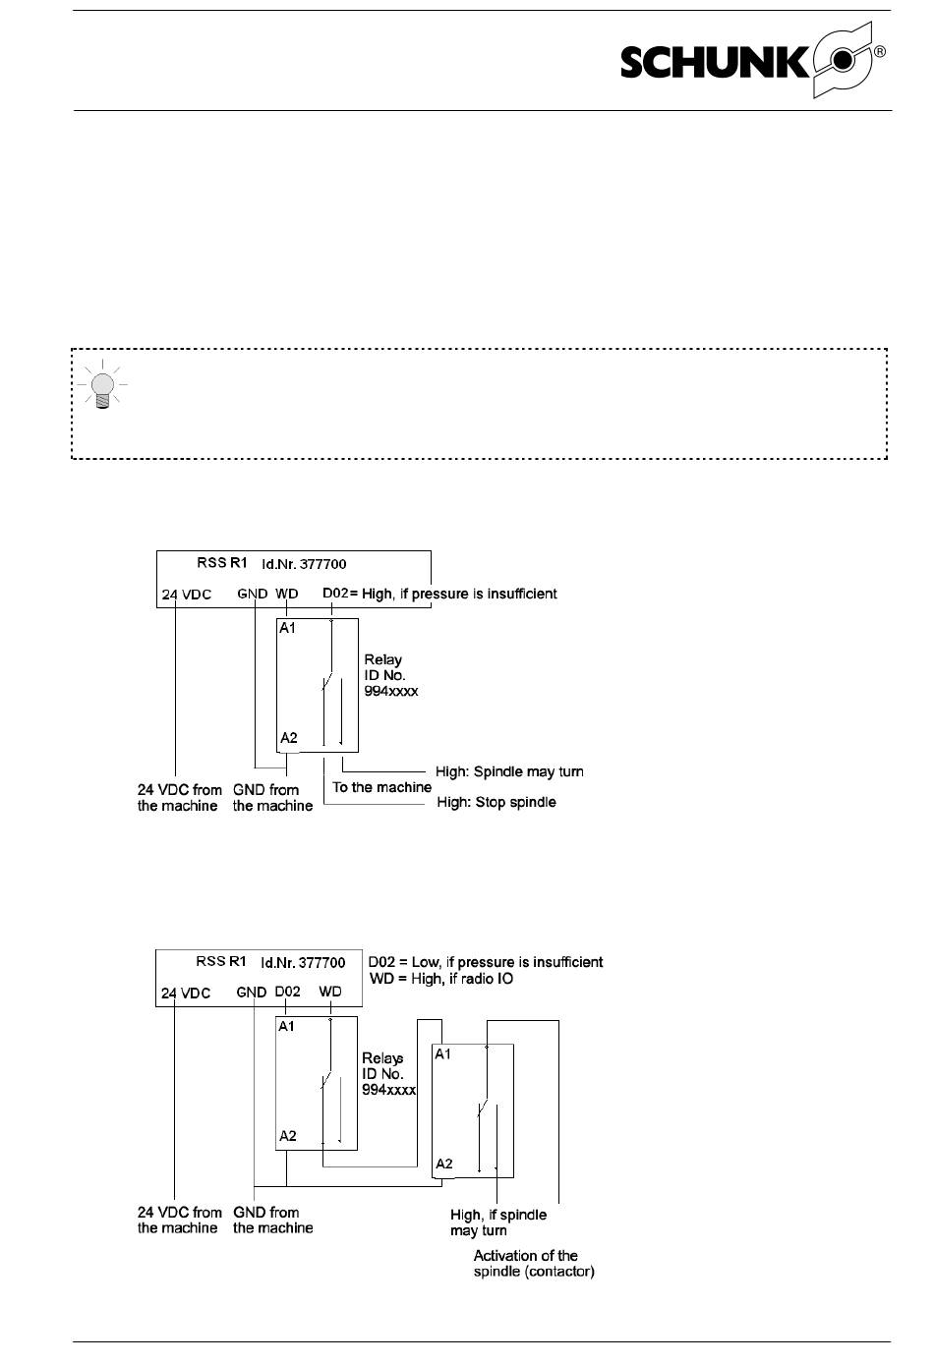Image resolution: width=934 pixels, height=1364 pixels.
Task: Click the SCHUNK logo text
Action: pyautogui.click(x=716, y=62)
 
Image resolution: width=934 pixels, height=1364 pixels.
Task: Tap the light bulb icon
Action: pyautogui.click(x=101, y=384)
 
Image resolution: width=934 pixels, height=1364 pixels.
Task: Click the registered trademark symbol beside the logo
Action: pyautogui.click(x=880, y=52)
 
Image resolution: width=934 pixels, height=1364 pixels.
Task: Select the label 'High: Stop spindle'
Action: pyautogui.click(x=496, y=802)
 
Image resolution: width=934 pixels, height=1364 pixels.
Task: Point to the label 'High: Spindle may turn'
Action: pyautogui.click(x=509, y=771)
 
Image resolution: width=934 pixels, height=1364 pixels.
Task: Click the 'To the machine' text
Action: pyautogui.click(x=382, y=787)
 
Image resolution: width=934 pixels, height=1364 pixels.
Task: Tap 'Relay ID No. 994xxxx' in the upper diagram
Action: pyautogui.click(x=391, y=675)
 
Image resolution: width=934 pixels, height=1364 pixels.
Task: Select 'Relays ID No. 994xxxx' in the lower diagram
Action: pyautogui.click(x=388, y=1073)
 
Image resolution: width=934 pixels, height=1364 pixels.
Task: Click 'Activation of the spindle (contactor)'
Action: pyautogui.click(x=534, y=1264)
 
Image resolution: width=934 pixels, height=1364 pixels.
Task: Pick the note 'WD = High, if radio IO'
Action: pyautogui.click(x=441, y=979)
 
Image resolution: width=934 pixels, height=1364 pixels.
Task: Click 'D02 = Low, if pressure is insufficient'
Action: pyautogui.click(x=486, y=962)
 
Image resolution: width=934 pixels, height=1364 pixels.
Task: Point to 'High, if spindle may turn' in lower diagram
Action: pyautogui.click(x=498, y=1222)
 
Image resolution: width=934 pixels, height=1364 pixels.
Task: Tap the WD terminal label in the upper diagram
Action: pyautogui.click(x=287, y=594)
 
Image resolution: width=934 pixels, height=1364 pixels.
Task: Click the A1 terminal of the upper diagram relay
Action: pyautogui.click(x=287, y=628)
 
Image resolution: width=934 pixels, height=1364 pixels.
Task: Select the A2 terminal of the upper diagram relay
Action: pyautogui.click(x=289, y=738)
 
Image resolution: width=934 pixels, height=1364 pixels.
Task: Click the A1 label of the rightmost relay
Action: pyautogui.click(x=443, y=1054)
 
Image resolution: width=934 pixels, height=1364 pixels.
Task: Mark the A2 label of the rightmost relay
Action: pyautogui.click(x=444, y=1164)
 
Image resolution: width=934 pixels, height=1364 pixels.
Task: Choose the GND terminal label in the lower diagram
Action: pyautogui.click(x=252, y=992)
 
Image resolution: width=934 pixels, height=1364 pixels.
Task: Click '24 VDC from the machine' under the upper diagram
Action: pyautogui.click(x=179, y=798)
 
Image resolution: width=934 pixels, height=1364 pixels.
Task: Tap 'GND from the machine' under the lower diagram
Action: pyautogui.click(x=273, y=1220)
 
